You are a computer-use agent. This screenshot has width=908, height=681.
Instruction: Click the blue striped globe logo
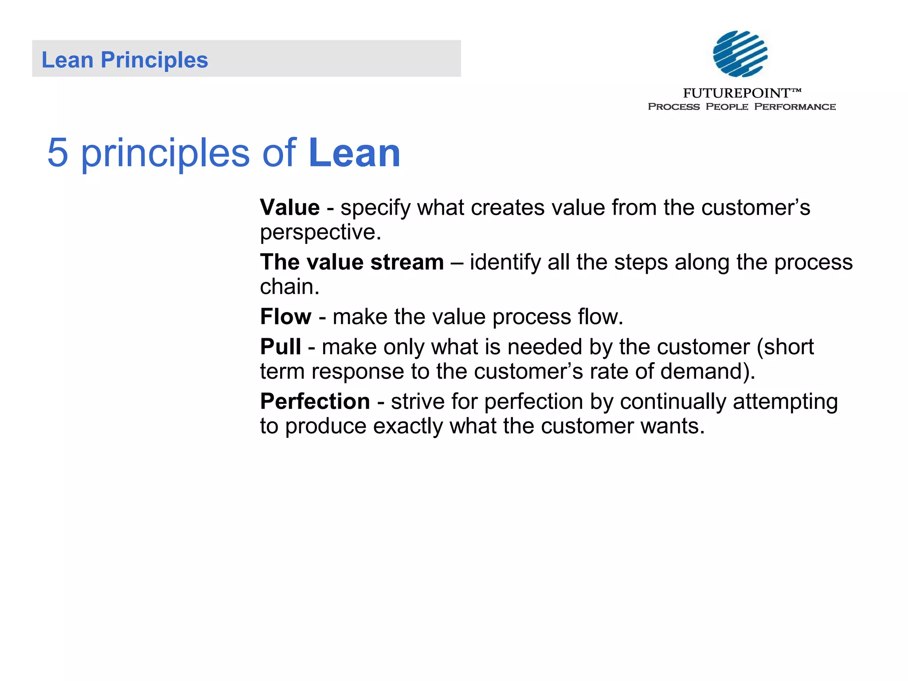[x=740, y=54]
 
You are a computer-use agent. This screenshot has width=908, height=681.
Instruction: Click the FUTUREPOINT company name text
[x=736, y=93]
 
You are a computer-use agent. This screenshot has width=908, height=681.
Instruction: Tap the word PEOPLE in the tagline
[x=727, y=107]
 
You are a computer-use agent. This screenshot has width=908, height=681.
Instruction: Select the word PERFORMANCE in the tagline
[x=795, y=107]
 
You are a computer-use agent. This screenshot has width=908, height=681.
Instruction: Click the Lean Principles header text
[x=125, y=60]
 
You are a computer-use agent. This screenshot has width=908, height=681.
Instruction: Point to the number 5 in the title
[x=58, y=153]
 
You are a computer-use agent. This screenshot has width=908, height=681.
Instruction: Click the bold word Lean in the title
[x=354, y=153]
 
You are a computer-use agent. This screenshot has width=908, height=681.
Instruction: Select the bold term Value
[x=290, y=207]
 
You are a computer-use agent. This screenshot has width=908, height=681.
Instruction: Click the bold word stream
[x=407, y=262]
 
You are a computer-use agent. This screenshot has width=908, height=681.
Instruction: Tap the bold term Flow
[x=286, y=317]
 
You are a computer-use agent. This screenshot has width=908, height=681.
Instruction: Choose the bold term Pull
[x=280, y=347]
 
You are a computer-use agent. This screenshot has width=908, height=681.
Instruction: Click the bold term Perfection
[x=315, y=401]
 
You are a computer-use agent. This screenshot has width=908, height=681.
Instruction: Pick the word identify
[x=505, y=262]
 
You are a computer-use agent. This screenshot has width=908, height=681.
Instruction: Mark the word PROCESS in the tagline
[x=673, y=107]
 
